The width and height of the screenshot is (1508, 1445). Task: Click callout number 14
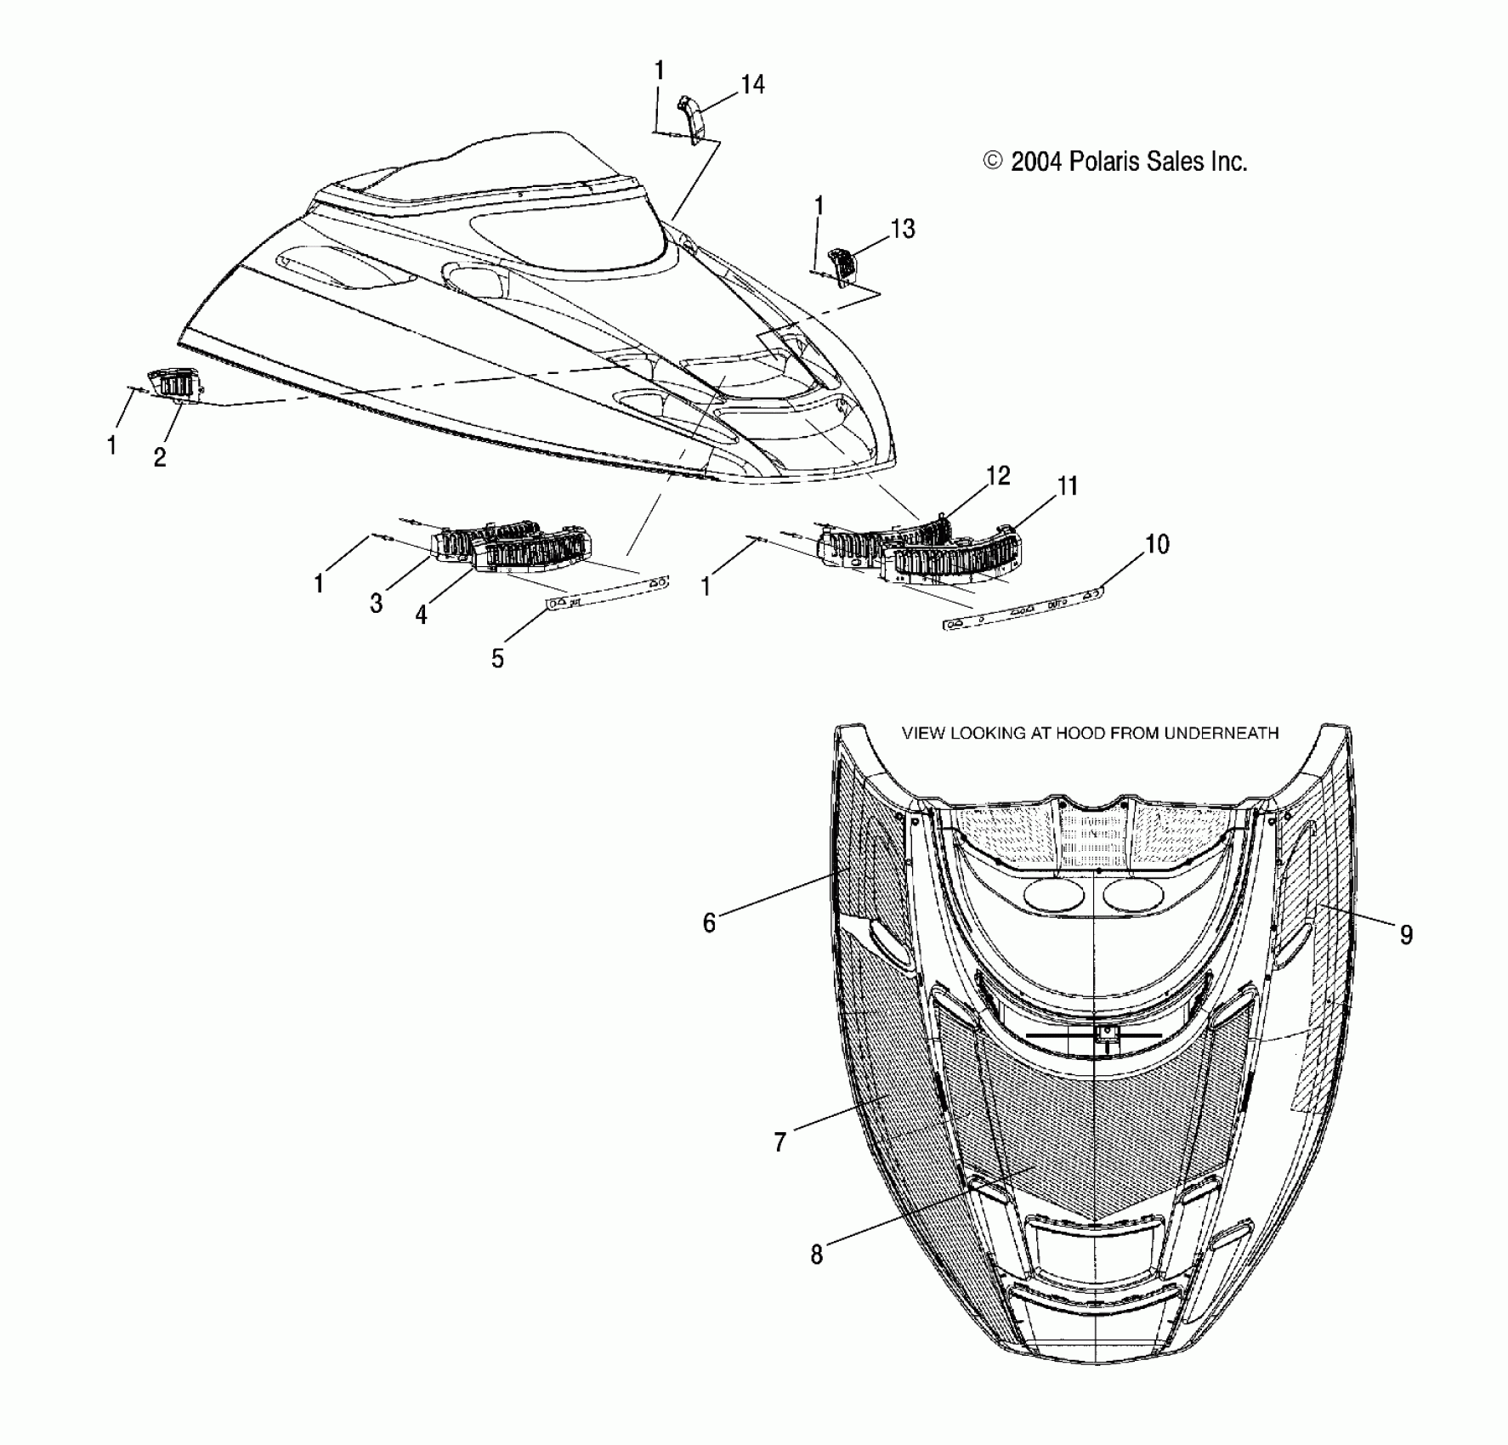pyautogui.click(x=752, y=84)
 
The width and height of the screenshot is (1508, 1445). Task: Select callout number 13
pyautogui.click(x=902, y=229)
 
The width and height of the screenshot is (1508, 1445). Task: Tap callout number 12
pyautogui.click(x=998, y=476)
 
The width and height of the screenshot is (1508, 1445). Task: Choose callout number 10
pyautogui.click(x=1157, y=544)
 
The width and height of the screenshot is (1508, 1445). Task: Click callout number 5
pyautogui.click(x=497, y=658)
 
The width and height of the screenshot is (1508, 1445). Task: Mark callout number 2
pyautogui.click(x=160, y=456)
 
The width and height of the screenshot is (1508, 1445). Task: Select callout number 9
pyautogui.click(x=1406, y=935)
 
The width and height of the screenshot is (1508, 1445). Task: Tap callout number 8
pyautogui.click(x=817, y=1255)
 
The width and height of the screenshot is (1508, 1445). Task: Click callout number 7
pyautogui.click(x=780, y=1142)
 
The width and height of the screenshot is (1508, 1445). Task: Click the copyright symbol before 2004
pyautogui.click(x=992, y=161)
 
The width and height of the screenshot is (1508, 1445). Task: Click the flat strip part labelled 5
pyautogui.click(x=608, y=592)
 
